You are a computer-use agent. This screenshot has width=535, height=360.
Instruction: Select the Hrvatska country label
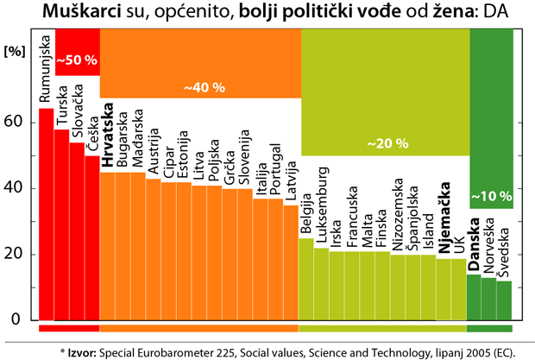point(108,136)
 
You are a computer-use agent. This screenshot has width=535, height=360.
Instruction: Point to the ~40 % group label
point(205,87)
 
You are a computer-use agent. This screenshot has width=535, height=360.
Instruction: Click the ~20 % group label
point(387,142)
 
